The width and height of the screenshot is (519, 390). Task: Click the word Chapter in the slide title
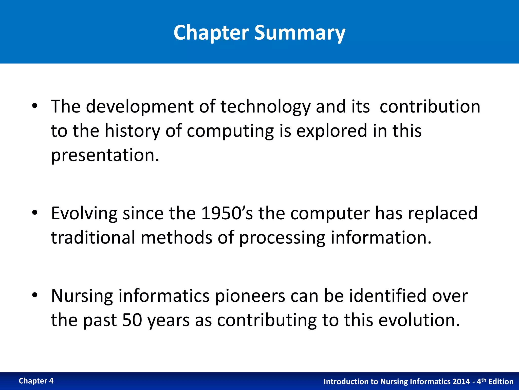(x=211, y=33)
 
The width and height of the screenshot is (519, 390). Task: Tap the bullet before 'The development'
(x=35, y=106)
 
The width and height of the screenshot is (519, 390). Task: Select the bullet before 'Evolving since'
(x=35, y=213)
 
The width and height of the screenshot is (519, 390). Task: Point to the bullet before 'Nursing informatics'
(x=35, y=295)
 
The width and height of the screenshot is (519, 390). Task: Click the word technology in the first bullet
(x=265, y=107)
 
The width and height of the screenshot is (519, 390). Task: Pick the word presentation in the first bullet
(x=105, y=155)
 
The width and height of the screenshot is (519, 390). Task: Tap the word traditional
(x=93, y=238)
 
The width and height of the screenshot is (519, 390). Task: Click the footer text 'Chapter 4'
(x=36, y=381)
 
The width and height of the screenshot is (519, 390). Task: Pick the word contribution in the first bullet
(x=430, y=107)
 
